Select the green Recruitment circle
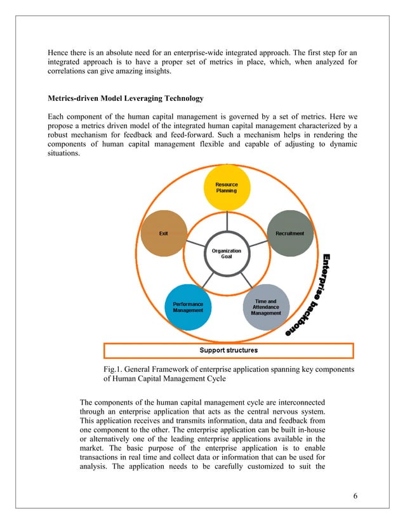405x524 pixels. pos(289,233)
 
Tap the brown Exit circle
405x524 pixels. pos(163,233)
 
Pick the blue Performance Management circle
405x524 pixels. pos(188,307)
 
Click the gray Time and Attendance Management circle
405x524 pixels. pos(265,307)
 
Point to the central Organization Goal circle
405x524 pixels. pos(226,254)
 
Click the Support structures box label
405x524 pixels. pos(229,350)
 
